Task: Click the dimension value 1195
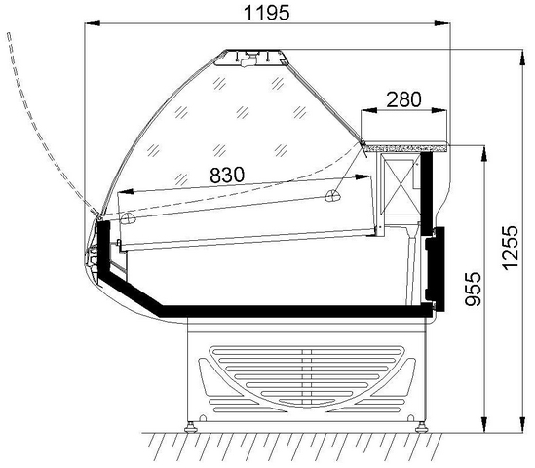tap(267, 13)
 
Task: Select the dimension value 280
tap(404, 99)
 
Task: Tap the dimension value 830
tap(227, 175)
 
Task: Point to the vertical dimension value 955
tap(474, 289)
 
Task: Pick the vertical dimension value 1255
tap(511, 249)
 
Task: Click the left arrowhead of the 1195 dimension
tap(93, 23)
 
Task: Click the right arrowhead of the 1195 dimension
tap(442, 23)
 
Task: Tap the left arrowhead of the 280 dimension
tap(368, 110)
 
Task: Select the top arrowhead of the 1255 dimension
tap(522, 57)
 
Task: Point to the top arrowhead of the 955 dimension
tap(483, 153)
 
